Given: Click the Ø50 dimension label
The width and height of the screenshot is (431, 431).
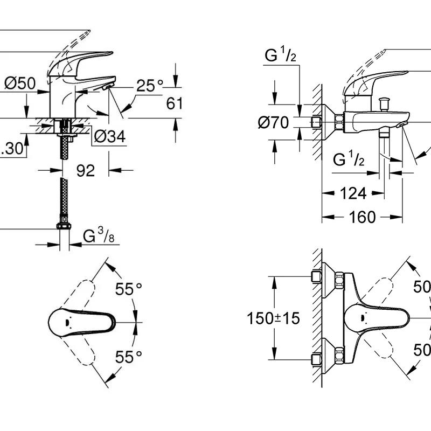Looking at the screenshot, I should point(20,84).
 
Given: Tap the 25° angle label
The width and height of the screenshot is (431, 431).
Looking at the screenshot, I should point(149,86).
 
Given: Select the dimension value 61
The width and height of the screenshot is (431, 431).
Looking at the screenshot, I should point(175,103).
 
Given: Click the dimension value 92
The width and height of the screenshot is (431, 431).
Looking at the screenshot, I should point(86,171).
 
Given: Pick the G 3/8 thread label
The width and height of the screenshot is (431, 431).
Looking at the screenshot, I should point(98,237).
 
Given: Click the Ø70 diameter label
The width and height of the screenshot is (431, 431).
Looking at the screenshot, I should point(273,123).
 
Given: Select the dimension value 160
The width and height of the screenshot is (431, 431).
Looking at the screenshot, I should point(363,217).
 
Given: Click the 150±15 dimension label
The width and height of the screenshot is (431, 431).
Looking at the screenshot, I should point(274,318).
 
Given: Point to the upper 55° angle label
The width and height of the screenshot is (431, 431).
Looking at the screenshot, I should point(129,290).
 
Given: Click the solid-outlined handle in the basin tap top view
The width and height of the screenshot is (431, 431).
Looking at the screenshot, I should point(81,322).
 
